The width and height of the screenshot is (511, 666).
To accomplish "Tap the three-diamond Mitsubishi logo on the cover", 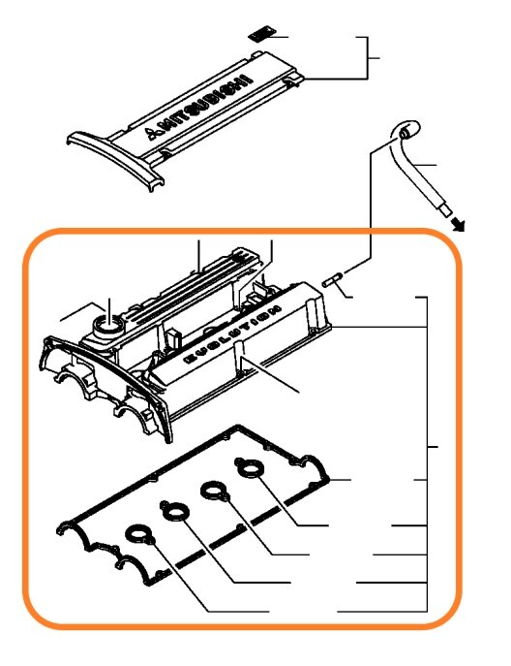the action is tap(151, 133).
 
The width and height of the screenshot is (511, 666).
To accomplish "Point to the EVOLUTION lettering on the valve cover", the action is tap(233, 334).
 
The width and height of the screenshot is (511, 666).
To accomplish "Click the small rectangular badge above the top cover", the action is tap(261, 34).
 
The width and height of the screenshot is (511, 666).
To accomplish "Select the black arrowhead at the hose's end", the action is tap(458, 224).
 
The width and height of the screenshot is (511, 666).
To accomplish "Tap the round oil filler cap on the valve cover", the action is tap(109, 326).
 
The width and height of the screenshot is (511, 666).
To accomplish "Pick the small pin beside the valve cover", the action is tap(332, 281).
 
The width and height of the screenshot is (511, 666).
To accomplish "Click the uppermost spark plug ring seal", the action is tap(250, 468).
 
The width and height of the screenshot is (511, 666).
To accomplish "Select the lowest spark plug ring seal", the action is tap(139, 535).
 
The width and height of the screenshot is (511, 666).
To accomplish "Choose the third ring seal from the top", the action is tap(174, 512).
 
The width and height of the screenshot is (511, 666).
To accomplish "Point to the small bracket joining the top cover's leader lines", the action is tap(368, 58).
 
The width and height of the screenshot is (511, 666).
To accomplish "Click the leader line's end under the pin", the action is tap(353, 298).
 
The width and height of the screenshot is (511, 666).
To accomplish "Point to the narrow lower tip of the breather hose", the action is tap(445, 210).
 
